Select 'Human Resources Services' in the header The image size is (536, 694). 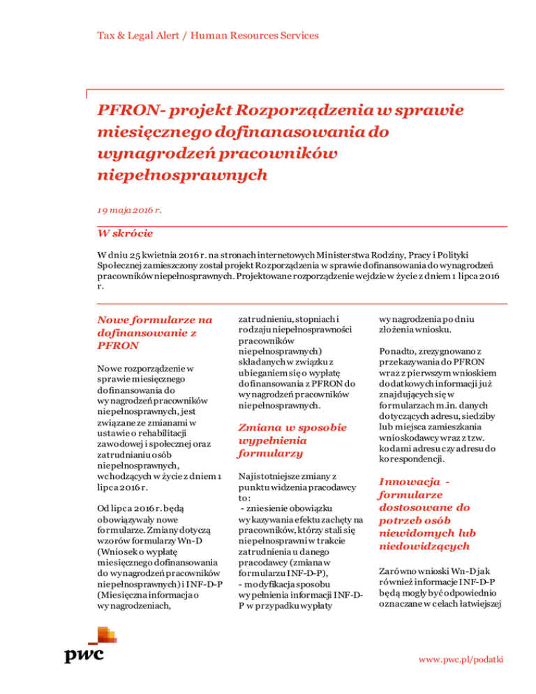tap(261, 35)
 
